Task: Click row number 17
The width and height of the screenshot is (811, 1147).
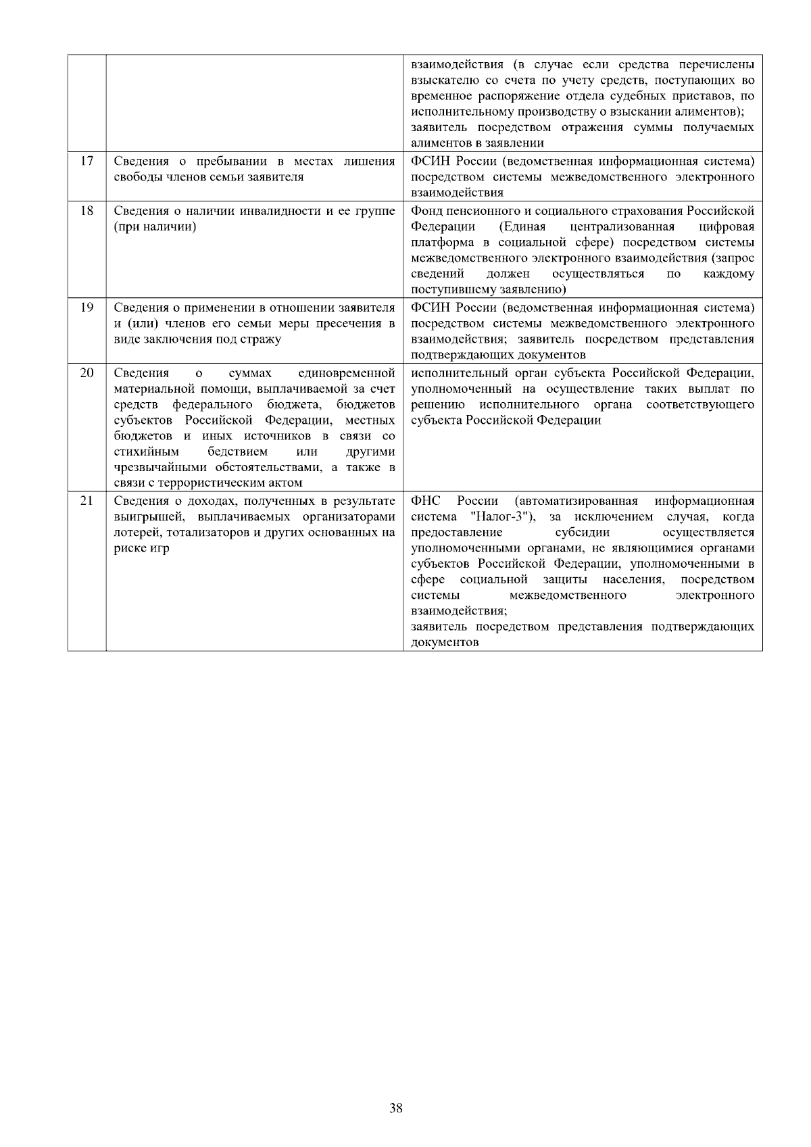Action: click(x=87, y=162)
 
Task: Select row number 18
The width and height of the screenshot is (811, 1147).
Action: click(x=87, y=211)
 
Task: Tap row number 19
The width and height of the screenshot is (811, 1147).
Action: click(x=87, y=308)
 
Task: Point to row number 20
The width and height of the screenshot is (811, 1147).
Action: click(x=87, y=373)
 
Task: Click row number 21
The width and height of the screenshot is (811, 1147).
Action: click(x=87, y=502)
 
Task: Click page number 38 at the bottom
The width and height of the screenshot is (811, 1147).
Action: click(x=397, y=1108)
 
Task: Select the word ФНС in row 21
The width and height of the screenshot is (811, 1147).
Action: click(x=425, y=502)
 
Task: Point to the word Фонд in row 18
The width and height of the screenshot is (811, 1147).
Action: click(x=426, y=211)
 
